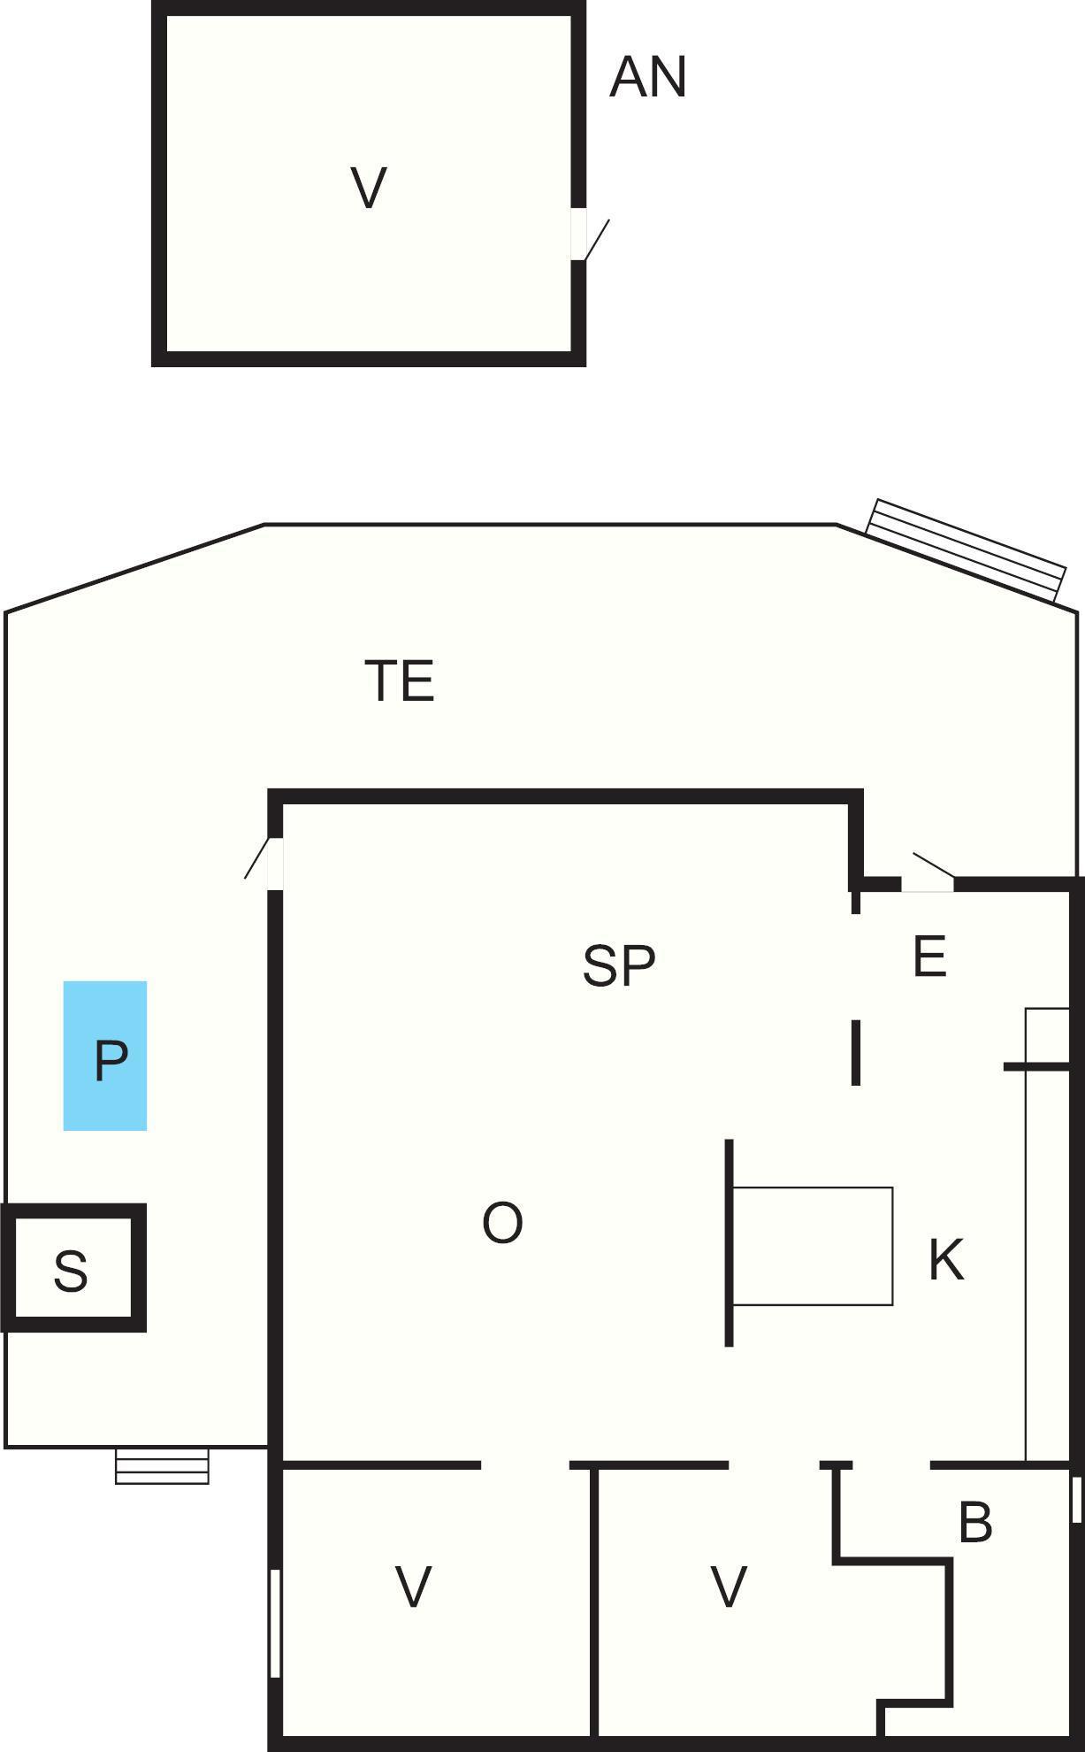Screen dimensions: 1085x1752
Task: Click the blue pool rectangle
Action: (x=105, y=1056)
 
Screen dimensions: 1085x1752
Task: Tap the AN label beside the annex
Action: (x=648, y=77)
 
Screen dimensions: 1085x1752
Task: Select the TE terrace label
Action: (x=400, y=680)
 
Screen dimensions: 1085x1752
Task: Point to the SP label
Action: (x=619, y=965)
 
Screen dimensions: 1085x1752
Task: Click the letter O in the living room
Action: (x=502, y=1223)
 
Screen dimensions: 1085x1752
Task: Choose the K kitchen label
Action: (x=946, y=1259)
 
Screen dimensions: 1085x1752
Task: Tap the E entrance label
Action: (x=929, y=956)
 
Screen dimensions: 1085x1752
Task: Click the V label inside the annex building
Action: (x=369, y=188)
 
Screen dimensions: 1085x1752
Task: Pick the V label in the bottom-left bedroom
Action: (x=413, y=1587)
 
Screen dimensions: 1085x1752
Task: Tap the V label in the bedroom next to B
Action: (x=729, y=1587)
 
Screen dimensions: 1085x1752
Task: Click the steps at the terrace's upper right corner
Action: (x=966, y=549)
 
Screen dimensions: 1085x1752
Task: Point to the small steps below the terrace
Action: (x=163, y=1465)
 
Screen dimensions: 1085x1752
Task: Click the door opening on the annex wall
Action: (x=579, y=234)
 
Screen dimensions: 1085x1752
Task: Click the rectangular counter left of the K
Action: (x=813, y=1246)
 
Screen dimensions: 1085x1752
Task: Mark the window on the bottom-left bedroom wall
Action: (x=275, y=1622)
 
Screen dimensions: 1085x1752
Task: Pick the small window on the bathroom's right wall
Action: (x=1076, y=1499)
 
